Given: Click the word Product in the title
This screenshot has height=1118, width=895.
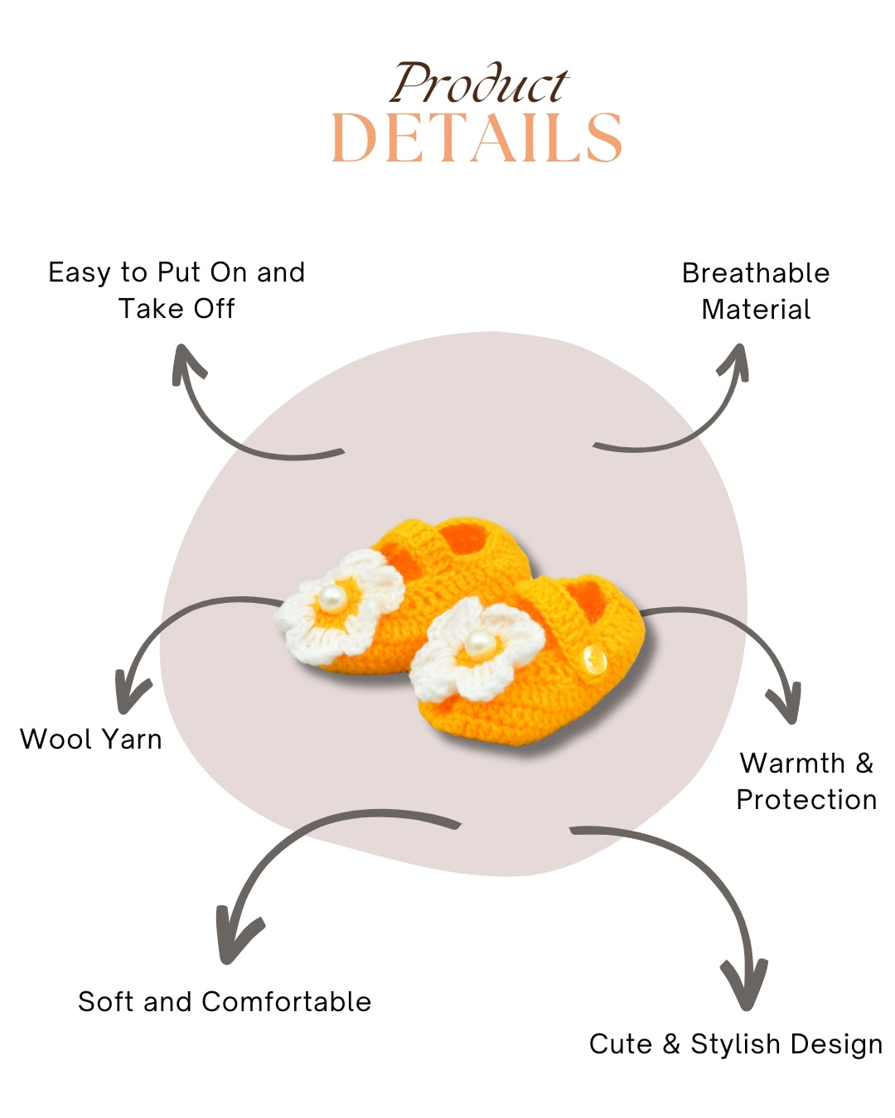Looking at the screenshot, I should pos(479,84).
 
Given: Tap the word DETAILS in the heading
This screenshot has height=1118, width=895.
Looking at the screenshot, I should pos(477,138).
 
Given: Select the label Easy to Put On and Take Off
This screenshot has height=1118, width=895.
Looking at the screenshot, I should pos(177,290).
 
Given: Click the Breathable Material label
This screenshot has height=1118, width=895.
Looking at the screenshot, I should pos(756,291).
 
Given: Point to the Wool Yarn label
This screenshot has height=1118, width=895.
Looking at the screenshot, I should pos(91,739).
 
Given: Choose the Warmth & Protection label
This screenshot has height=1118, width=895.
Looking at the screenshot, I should pos(806,781).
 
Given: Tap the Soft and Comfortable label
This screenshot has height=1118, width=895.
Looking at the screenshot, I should pos(225,1001).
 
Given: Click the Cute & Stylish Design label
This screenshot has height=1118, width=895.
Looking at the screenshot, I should pos(736,1043).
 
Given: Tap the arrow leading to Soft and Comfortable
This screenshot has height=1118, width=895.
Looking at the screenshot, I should pos(290,861).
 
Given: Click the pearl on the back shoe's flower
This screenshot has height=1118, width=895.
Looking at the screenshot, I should pos(332,598).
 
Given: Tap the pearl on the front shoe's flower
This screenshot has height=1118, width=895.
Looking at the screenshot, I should pos(479,643).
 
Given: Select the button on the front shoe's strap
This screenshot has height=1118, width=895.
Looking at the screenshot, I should pos(593,660).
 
